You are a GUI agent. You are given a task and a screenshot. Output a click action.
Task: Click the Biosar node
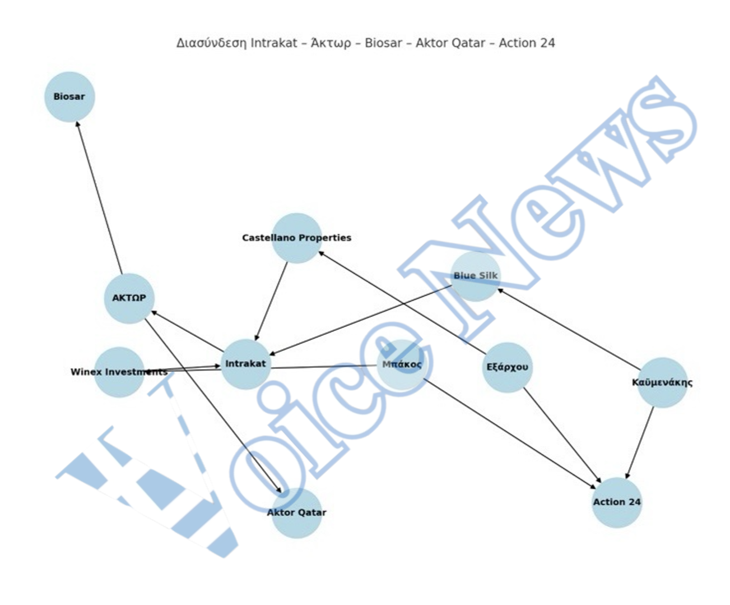(x=69, y=97)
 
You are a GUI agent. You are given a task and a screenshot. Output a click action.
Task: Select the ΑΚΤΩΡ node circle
(x=129, y=298)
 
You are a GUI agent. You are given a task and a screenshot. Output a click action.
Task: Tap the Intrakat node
(x=246, y=364)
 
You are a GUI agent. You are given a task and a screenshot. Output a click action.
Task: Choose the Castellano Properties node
(x=297, y=238)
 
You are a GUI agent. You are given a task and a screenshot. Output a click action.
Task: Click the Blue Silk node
(x=476, y=276)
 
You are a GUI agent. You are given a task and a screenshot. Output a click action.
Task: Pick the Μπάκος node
(x=402, y=364)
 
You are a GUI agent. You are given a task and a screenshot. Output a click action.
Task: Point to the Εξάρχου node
(x=508, y=367)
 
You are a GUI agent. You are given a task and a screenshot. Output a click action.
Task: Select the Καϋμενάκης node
(x=663, y=382)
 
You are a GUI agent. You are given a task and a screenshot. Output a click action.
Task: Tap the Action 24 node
(x=617, y=502)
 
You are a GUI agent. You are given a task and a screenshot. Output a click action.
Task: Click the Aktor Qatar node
(x=297, y=513)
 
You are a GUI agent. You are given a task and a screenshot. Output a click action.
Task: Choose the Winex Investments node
(x=119, y=372)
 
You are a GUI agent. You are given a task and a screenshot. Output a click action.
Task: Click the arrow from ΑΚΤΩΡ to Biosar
(x=99, y=198)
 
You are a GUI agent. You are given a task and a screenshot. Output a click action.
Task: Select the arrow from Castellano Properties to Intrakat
(x=271, y=301)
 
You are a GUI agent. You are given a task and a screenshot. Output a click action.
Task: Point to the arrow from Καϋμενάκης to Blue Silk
(x=569, y=329)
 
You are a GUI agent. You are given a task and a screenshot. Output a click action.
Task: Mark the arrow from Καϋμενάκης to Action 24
(x=639, y=443)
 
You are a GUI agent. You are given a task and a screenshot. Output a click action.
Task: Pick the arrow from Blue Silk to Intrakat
(x=360, y=321)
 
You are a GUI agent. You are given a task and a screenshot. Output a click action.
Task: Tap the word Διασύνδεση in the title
(x=211, y=43)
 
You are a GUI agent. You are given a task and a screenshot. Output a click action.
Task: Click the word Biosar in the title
(x=383, y=43)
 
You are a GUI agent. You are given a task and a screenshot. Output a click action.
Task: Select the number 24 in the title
(x=547, y=43)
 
